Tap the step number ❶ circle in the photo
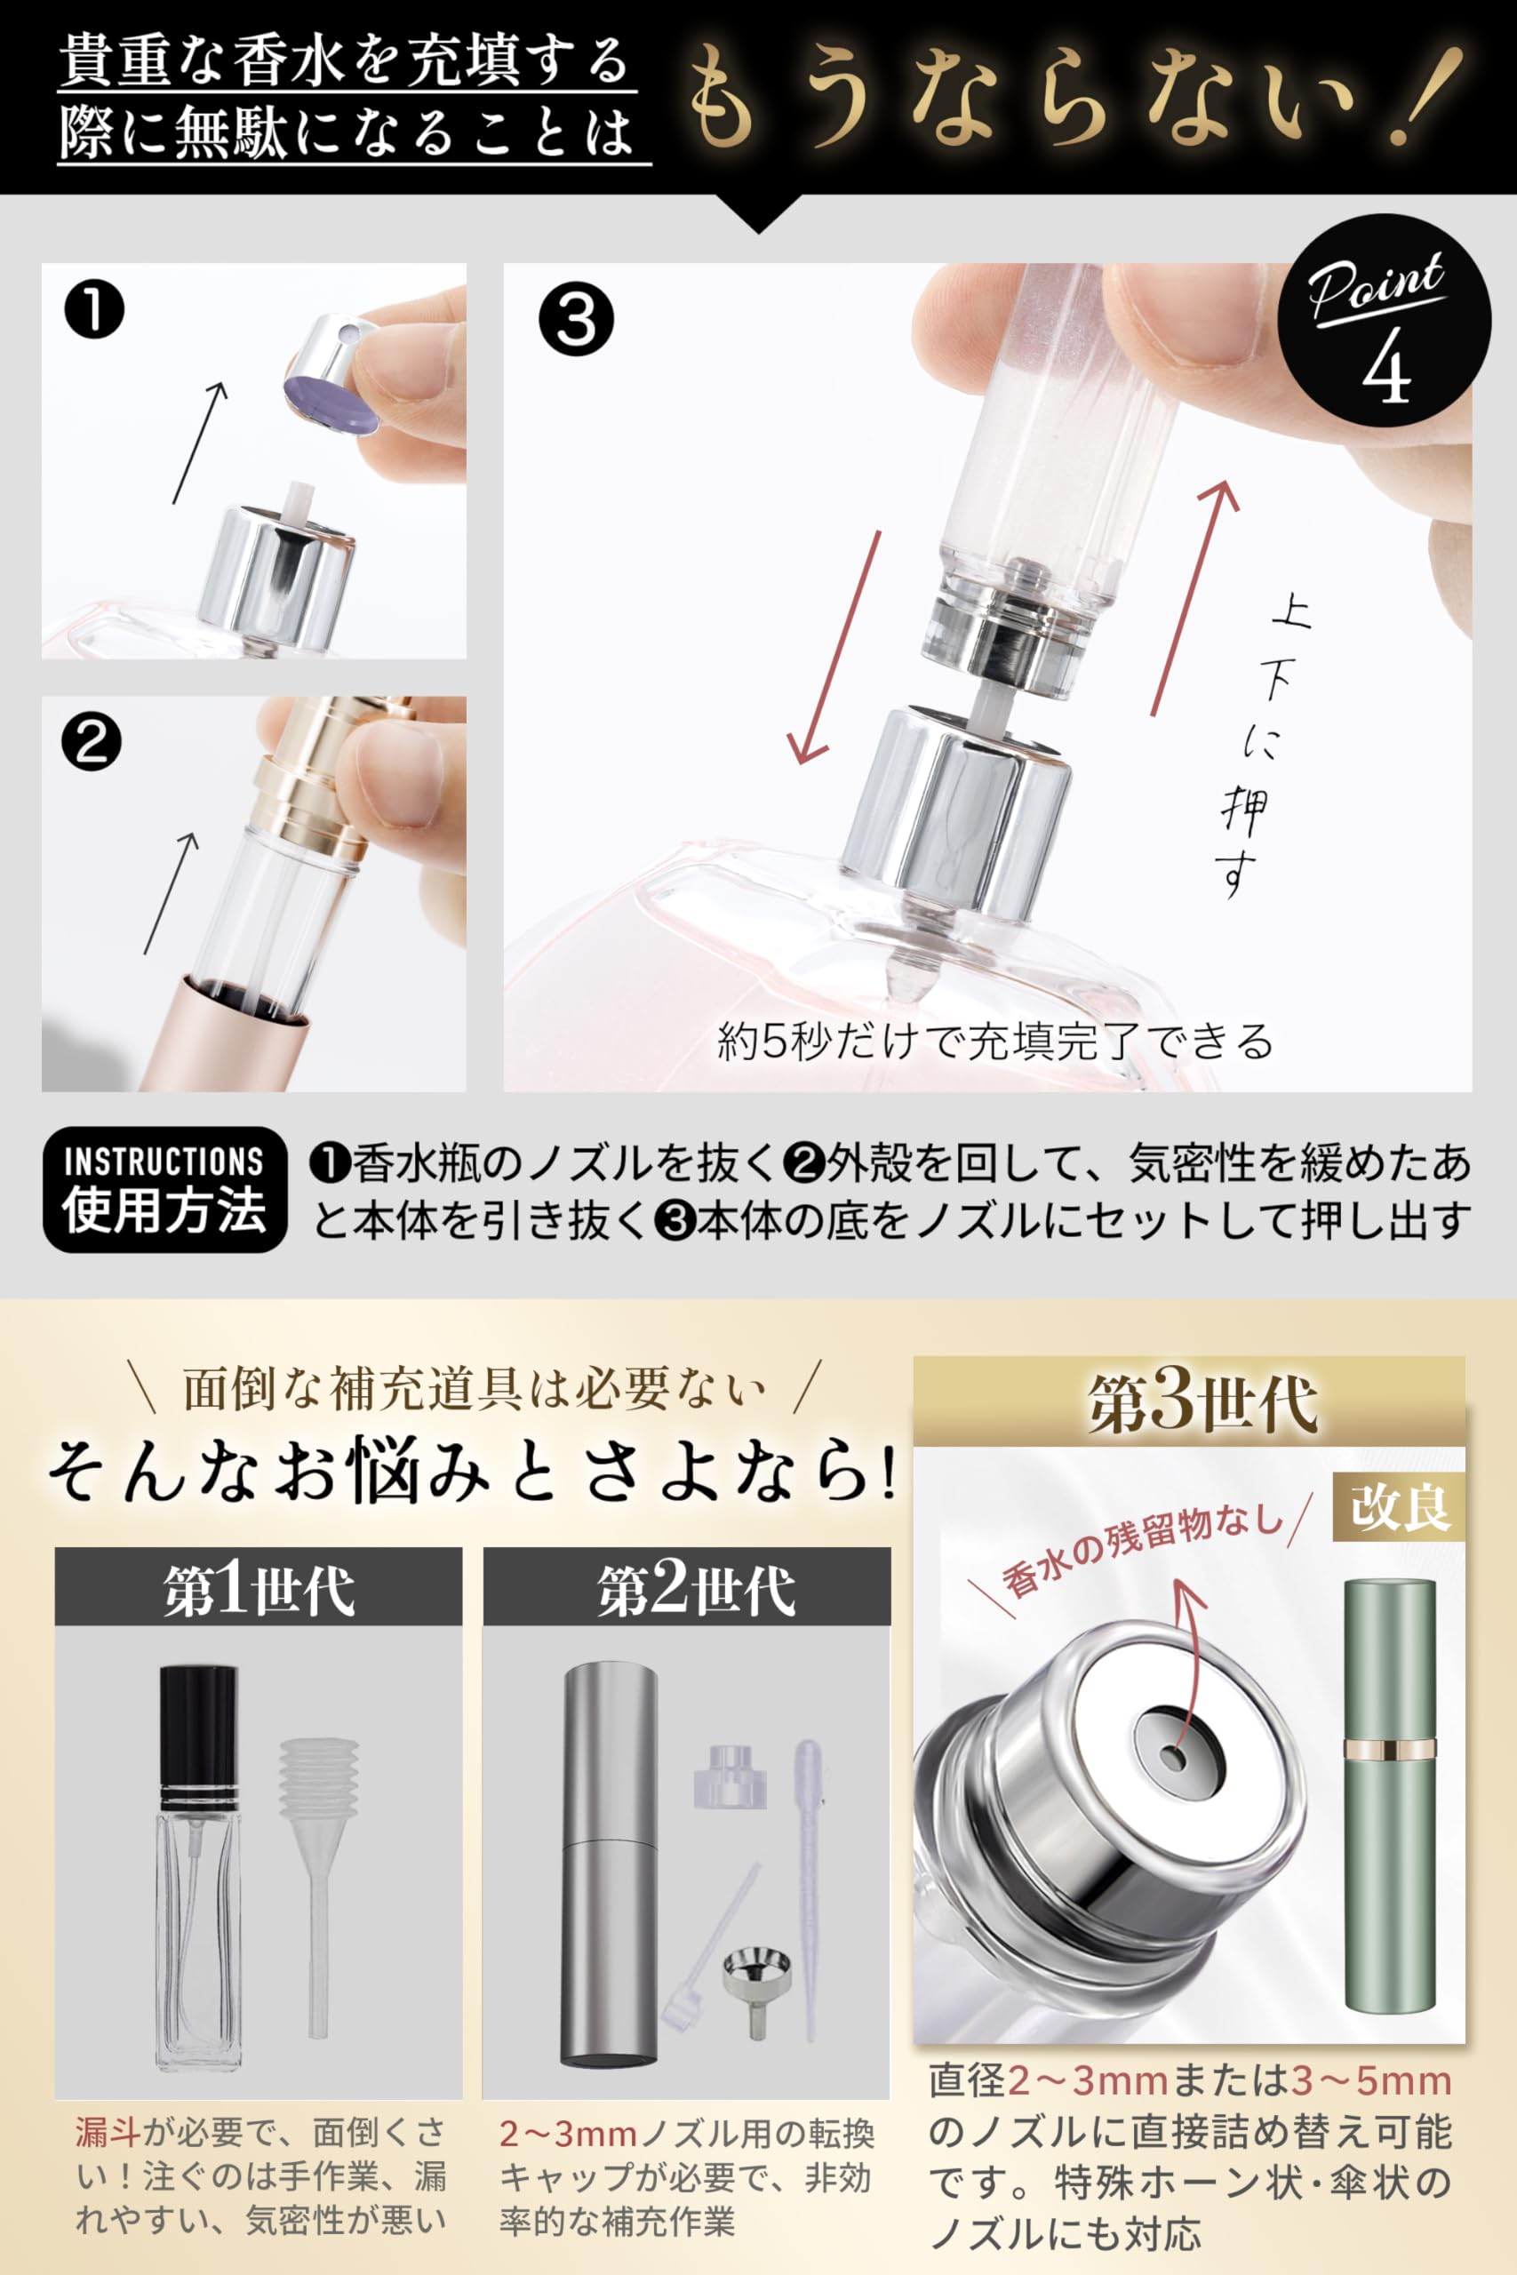click(94, 309)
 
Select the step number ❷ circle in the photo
click(91, 743)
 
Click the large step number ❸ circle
click(576, 320)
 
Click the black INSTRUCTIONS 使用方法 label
click(164, 1189)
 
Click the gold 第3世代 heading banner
click(1189, 1402)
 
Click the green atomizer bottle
click(1389, 1799)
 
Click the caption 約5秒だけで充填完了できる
click(994, 1041)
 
